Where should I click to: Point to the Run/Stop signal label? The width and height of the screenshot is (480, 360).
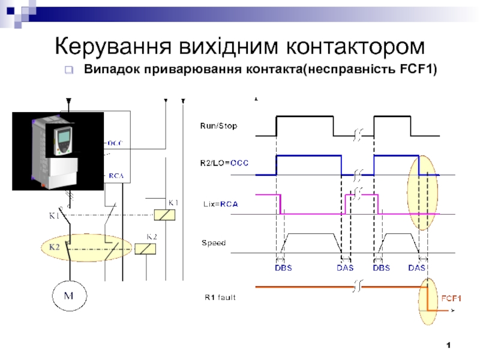(x=218, y=126)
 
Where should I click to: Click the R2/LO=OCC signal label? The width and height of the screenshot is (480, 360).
(x=224, y=163)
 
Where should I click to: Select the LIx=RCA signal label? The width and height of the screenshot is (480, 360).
(x=219, y=204)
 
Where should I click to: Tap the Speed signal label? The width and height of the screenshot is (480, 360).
(x=213, y=243)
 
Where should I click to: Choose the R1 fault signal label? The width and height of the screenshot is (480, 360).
(x=218, y=296)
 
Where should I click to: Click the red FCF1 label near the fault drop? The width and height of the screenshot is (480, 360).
(x=451, y=298)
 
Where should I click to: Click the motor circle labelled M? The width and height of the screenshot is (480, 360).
(x=68, y=296)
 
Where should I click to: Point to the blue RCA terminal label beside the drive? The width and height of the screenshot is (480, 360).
(x=115, y=176)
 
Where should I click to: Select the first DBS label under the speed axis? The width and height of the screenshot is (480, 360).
(x=283, y=268)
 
